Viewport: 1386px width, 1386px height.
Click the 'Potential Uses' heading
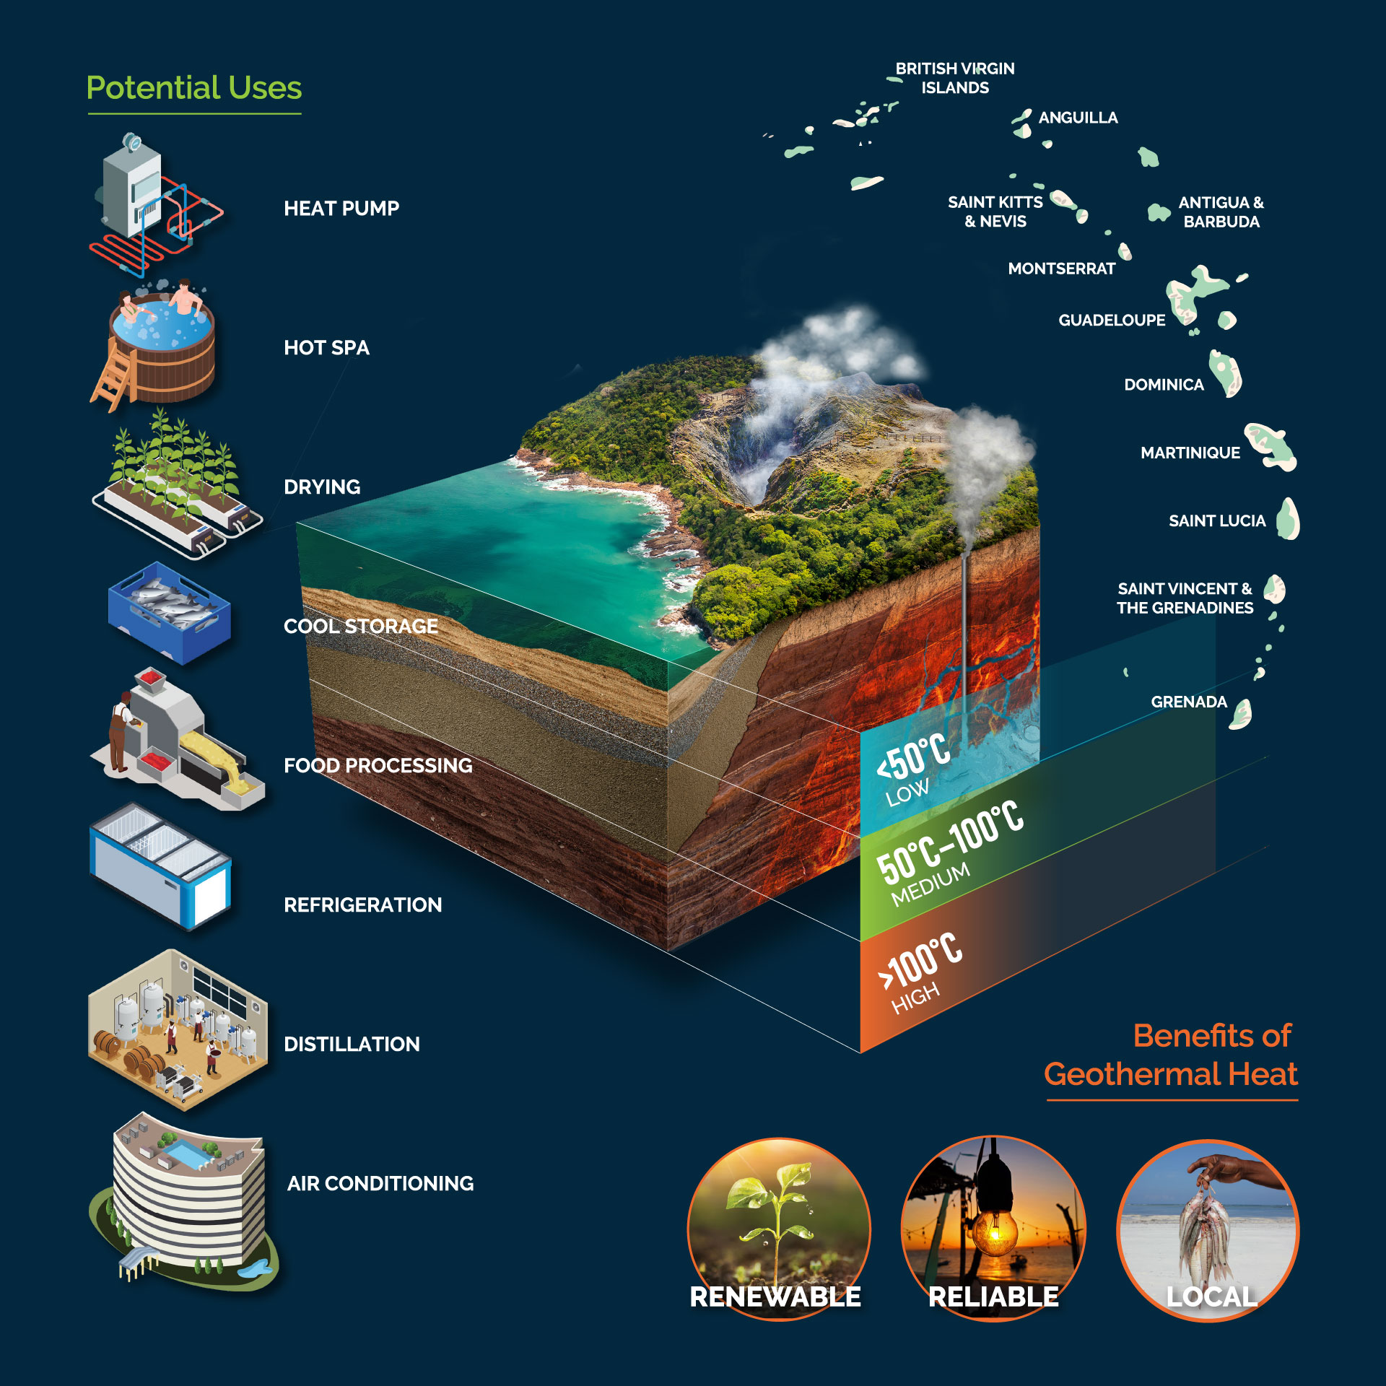194,88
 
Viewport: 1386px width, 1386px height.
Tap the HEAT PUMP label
341,209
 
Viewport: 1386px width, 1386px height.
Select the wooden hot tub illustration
157,346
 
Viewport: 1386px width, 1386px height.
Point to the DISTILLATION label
352,1044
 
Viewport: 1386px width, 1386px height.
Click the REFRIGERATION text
362,905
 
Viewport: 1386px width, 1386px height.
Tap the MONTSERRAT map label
1061,269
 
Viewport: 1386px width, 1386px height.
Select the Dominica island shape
1226,372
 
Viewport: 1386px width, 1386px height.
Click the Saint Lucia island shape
1288,518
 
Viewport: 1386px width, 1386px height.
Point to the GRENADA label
1189,702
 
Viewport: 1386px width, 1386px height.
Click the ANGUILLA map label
1078,118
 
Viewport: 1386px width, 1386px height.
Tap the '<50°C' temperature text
913,757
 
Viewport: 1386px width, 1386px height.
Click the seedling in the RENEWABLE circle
776,1220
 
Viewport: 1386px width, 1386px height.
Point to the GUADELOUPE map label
1112,321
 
